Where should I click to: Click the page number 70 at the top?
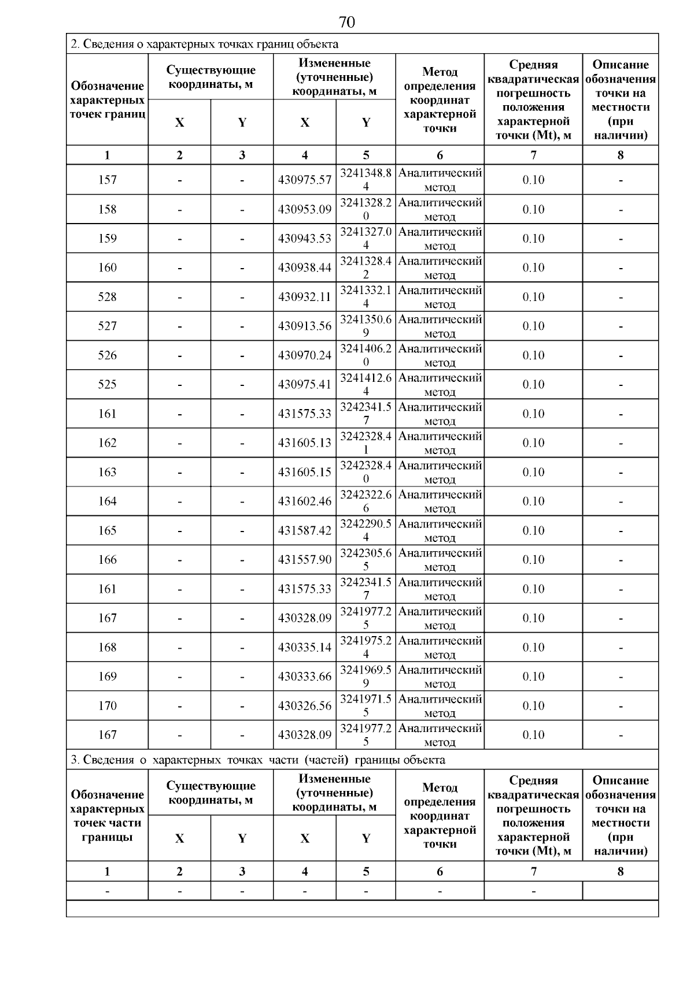point(346,22)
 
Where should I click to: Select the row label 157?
point(108,180)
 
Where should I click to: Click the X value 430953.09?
point(305,209)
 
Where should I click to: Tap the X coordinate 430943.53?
point(305,239)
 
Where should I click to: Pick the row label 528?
point(108,297)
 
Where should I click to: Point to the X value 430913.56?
point(305,326)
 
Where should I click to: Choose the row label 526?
point(108,355)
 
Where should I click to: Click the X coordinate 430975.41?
point(305,384)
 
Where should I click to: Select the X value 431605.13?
point(305,443)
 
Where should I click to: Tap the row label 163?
point(108,472)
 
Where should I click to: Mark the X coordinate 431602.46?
point(305,501)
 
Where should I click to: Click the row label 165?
point(108,530)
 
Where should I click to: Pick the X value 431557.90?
point(305,559)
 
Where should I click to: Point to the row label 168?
point(108,647)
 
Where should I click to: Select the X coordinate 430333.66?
point(305,676)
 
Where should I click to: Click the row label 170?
point(108,705)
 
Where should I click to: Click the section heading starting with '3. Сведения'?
point(258,760)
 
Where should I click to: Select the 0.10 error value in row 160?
point(533,267)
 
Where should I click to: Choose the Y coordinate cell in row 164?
point(366,501)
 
